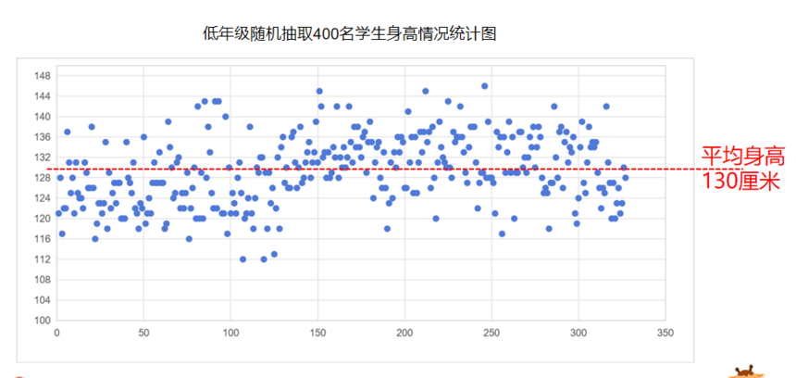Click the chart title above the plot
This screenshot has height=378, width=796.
tap(350, 34)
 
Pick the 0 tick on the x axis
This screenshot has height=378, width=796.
tap(57, 332)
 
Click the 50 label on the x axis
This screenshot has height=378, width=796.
tap(143, 332)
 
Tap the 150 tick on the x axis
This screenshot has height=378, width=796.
tap(317, 332)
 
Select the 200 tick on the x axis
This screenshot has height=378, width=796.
tap(404, 332)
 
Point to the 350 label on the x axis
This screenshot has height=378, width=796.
tap(664, 332)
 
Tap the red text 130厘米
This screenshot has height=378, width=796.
tap(741, 180)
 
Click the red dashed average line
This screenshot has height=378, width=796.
tap(370, 169)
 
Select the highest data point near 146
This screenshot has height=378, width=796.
tap(484, 86)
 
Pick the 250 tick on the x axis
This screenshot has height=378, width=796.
tap(491, 332)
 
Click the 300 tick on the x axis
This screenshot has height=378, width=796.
tap(578, 332)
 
